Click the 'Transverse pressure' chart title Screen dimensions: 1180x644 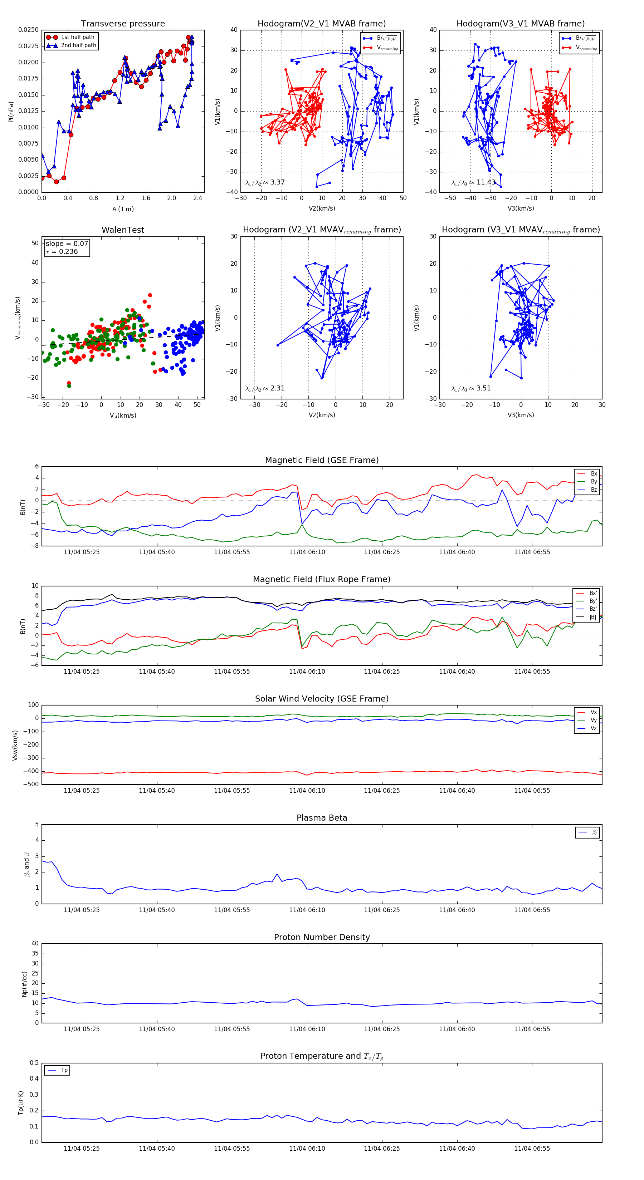click(x=123, y=24)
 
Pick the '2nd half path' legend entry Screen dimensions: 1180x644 click(x=78, y=45)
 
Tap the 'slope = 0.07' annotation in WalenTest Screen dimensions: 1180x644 click(x=67, y=244)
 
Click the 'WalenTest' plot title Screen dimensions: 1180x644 click(x=123, y=230)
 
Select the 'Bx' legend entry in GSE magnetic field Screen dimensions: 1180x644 click(x=594, y=474)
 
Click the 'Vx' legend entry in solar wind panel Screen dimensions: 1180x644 click(x=594, y=712)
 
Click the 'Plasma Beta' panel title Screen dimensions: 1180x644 click(x=322, y=818)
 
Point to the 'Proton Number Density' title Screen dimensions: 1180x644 click(x=322, y=937)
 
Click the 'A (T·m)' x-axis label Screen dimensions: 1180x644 click(x=123, y=209)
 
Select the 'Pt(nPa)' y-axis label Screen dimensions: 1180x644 click(x=11, y=112)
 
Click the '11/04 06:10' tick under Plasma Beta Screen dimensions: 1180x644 click(x=307, y=910)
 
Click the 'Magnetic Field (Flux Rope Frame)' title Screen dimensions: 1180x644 click(x=322, y=580)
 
